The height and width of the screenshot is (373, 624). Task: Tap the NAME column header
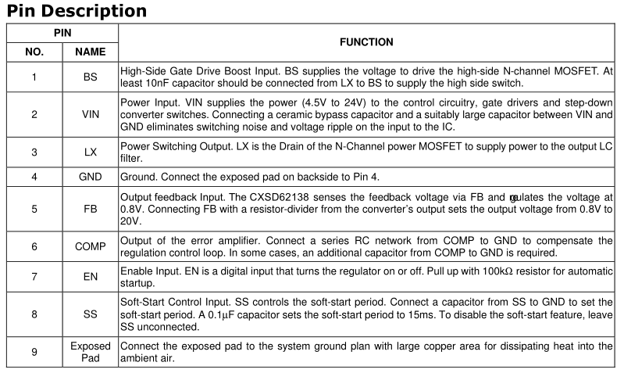pyautogui.click(x=90, y=53)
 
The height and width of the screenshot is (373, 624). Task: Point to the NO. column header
pyautogui.click(x=34, y=53)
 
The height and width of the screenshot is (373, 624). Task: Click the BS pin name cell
pyautogui.click(x=90, y=77)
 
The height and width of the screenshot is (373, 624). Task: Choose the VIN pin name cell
pyautogui.click(x=90, y=114)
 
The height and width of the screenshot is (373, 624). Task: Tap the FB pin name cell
pyautogui.click(x=90, y=210)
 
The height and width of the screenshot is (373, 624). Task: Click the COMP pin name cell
pyautogui.click(x=90, y=246)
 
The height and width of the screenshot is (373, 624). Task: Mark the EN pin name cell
pyautogui.click(x=90, y=277)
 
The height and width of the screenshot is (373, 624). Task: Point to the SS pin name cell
pyautogui.click(x=90, y=314)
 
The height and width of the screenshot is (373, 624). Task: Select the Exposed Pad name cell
pyautogui.click(x=90, y=351)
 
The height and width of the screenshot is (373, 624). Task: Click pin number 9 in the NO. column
pyautogui.click(x=34, y=351)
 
